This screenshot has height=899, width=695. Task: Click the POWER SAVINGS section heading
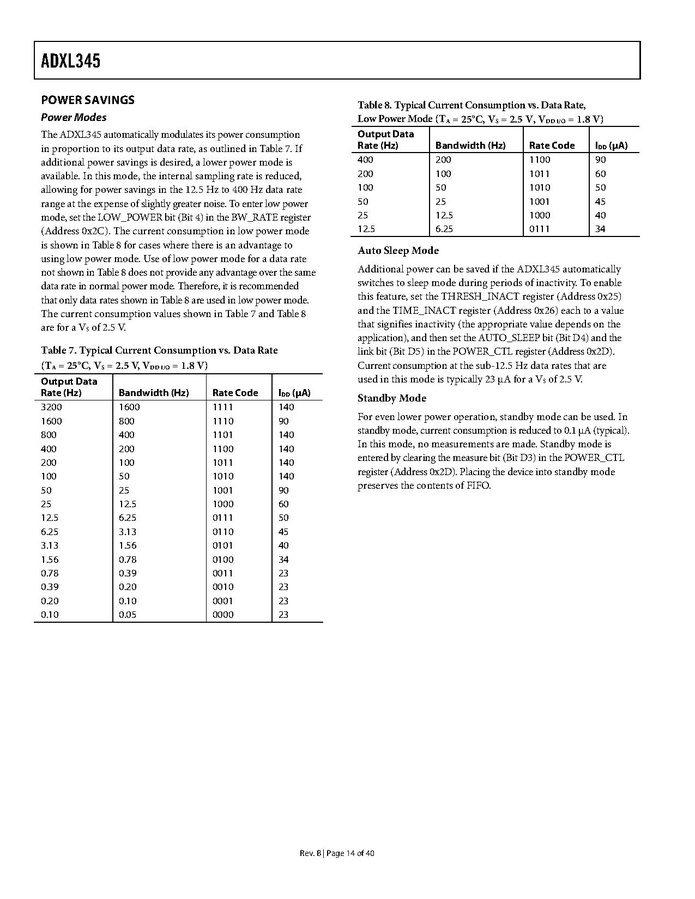click(86, 100)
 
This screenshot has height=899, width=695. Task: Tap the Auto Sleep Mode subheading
click(398, 250)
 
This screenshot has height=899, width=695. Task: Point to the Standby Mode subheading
click(391, 398)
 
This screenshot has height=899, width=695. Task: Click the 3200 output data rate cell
click(51, 407)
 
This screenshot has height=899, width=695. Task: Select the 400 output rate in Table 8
click(365, 159)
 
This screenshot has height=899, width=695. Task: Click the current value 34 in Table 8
click(601, 229)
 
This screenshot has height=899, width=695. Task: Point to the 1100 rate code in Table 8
click(540, 159)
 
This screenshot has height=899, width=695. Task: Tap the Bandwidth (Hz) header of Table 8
click(471, 146)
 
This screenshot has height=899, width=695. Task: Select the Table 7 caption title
click(159, 350)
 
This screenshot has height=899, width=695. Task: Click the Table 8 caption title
click(471, 104)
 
